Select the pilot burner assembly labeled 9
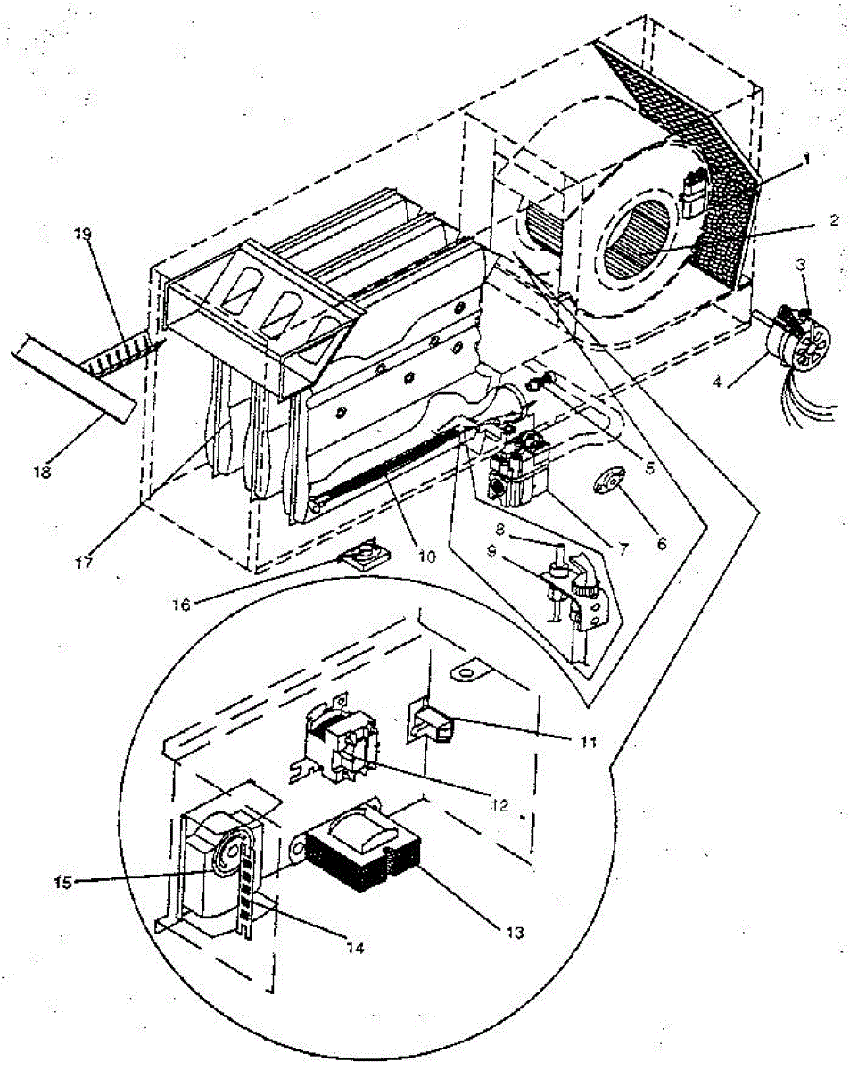pyautogui.click(x=571, y=588)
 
